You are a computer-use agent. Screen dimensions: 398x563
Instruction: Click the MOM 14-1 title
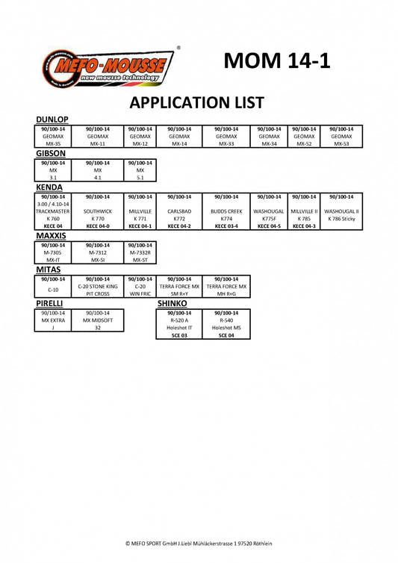276,60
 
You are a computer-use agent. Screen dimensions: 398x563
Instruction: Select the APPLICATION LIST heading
197,103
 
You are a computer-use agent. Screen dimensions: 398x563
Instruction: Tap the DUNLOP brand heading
52,119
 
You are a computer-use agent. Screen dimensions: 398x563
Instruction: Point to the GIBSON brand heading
51,153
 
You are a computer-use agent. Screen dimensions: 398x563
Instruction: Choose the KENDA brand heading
49,187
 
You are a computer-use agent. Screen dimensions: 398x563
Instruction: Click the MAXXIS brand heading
51,236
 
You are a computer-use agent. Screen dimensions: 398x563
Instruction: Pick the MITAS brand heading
48,270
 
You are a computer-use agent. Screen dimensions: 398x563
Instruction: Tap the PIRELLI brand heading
49,303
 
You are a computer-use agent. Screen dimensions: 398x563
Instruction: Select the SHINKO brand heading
172,303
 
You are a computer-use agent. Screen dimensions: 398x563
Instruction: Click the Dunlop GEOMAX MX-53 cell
341,137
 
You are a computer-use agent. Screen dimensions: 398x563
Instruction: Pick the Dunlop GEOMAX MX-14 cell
179,137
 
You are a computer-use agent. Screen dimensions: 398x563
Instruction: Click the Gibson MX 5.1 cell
140,170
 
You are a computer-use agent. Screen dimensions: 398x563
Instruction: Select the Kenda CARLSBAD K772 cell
179,211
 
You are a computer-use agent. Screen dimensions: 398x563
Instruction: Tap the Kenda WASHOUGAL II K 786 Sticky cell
341,211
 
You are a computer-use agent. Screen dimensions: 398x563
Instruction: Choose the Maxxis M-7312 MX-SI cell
98,253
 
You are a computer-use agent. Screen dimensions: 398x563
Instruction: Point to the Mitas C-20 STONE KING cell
98,287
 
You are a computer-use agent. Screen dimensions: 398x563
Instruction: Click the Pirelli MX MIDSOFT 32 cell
98,320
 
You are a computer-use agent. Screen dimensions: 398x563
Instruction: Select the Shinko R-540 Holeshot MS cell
226,324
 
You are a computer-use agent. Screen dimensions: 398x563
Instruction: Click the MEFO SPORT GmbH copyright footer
199,544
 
